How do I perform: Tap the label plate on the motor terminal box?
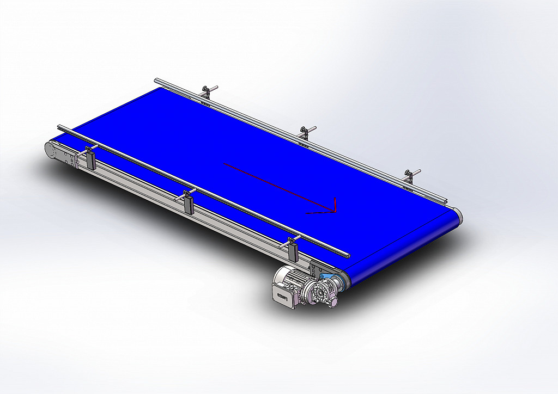282,297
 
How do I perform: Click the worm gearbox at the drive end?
316,292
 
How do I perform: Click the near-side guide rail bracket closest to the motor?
292,249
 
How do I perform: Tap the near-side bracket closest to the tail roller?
90,157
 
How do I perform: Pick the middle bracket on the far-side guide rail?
305,133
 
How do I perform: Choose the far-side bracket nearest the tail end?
205,93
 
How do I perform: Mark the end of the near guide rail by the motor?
347,255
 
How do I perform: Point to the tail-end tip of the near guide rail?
59,127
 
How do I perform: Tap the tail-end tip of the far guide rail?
156,81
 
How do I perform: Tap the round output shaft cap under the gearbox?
334,300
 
